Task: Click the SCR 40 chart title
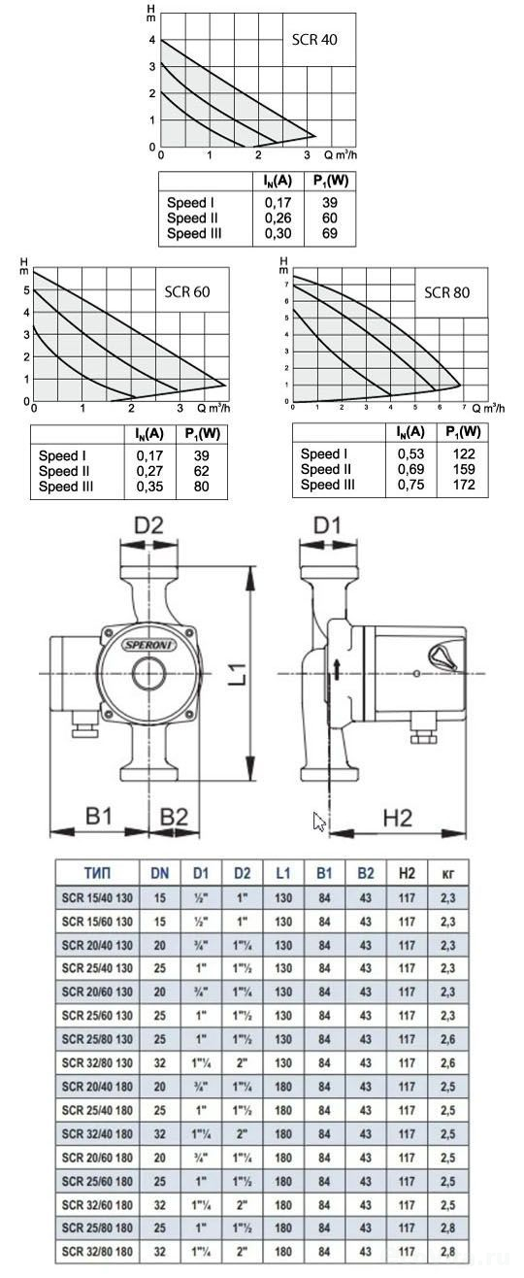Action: [x=314, y=40]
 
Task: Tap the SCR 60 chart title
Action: [x=187, y=292]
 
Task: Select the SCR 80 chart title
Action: [x=447, y=292]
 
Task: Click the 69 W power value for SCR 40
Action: [x=330, y=233]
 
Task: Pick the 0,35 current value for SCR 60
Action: [x=149, y=487]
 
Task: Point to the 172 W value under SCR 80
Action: [x=464, y=485]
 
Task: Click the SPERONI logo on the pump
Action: [x=150, y=645]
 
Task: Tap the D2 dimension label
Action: [x=148, y=524]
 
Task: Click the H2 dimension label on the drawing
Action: [x=398, y=818]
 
